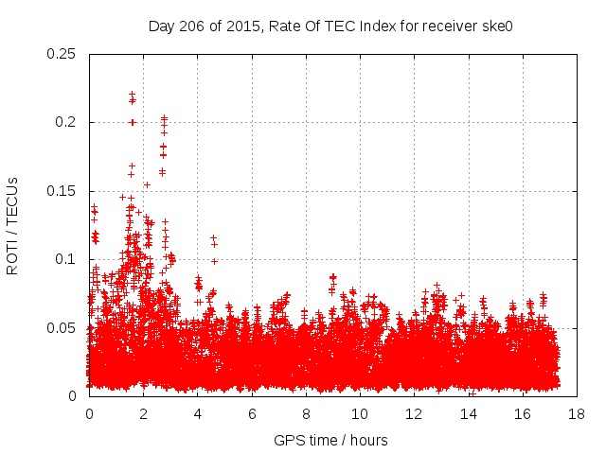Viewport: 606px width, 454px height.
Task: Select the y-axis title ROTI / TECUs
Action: (x=12, y=225)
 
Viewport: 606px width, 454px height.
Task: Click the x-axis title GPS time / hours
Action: (x=330, y=441)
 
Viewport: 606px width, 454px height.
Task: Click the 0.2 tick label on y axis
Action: (x=68, y=122)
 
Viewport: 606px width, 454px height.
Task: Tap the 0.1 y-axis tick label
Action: (x=68, y=259)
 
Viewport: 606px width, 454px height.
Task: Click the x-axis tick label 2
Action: (x=143, y=414)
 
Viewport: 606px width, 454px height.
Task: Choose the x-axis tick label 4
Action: (x=198, y=414)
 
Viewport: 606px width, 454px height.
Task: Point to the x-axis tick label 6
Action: (x=252, y=414)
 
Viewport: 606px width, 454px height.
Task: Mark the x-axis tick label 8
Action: (x=306, y=414)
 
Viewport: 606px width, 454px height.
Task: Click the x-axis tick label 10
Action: (x=360, y=414)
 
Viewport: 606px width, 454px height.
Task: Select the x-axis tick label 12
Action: (x=414, y=414)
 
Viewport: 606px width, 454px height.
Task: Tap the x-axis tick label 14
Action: (x=468, y=414)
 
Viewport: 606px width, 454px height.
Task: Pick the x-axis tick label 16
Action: (x=522, y=414)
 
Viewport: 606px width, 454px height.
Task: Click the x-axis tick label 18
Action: (x=576, y=414)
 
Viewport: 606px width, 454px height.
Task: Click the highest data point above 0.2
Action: (x=132, y=94)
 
